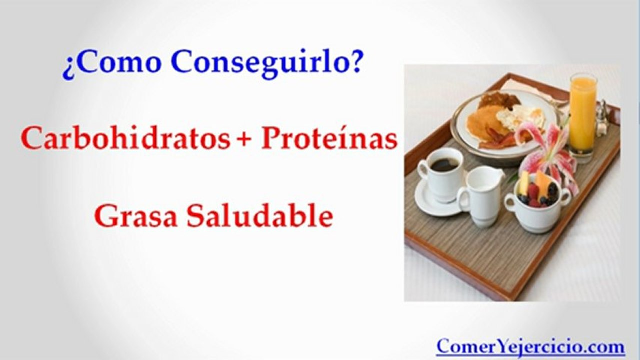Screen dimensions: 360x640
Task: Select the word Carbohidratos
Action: coord(125,139)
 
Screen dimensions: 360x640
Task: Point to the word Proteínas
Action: coord(329,139)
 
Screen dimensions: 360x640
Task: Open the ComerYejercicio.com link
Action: coord(530,346)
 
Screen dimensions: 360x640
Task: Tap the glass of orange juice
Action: coord(583,115)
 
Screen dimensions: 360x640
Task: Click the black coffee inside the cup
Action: coord(444,164)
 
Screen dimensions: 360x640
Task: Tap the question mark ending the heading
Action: coord(355,62)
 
